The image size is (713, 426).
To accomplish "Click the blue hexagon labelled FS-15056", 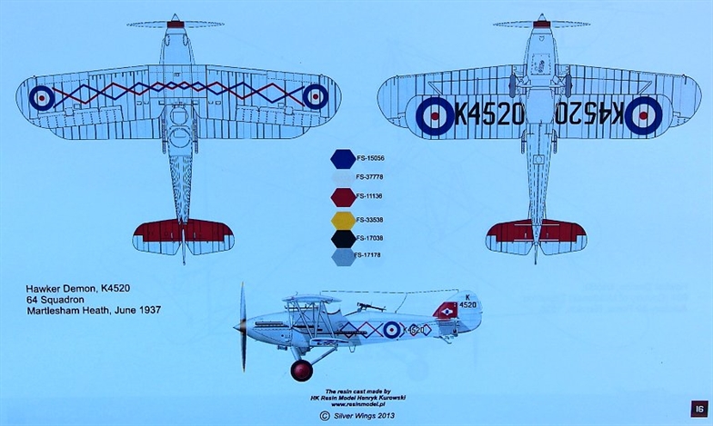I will pyautogui.click(x=343, y=160).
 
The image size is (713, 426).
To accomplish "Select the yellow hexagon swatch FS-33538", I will pyautogui.click(x=343, y=220).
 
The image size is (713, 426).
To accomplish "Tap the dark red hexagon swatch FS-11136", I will pyautogui.click(x=343, y=196).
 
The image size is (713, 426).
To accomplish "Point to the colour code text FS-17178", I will pyautogui.click(x=368, y=255).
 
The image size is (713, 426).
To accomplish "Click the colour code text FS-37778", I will pyautogui.click(x=369, y=177).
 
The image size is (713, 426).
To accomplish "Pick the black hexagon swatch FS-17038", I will pyautogui.click(x=343, y=240).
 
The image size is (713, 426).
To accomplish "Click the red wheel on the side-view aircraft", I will pyautogui.click(x=301, y=370).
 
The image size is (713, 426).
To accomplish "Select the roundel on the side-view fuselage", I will pyautogui.click(x=391, y=329).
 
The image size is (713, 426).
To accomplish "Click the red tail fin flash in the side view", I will pyautogui.click(x=447, y=311).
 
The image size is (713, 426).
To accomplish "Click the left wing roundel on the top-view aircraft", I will pyautogui.click(x=42, y=97).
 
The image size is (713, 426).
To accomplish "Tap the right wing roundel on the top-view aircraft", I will pyautogui.click(x=316, y=96).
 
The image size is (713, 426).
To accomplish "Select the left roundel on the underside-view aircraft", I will pyautogui.click(x=435, y=115).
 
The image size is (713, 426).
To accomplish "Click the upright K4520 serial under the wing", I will pyautogui.click(x=488, y=114).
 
